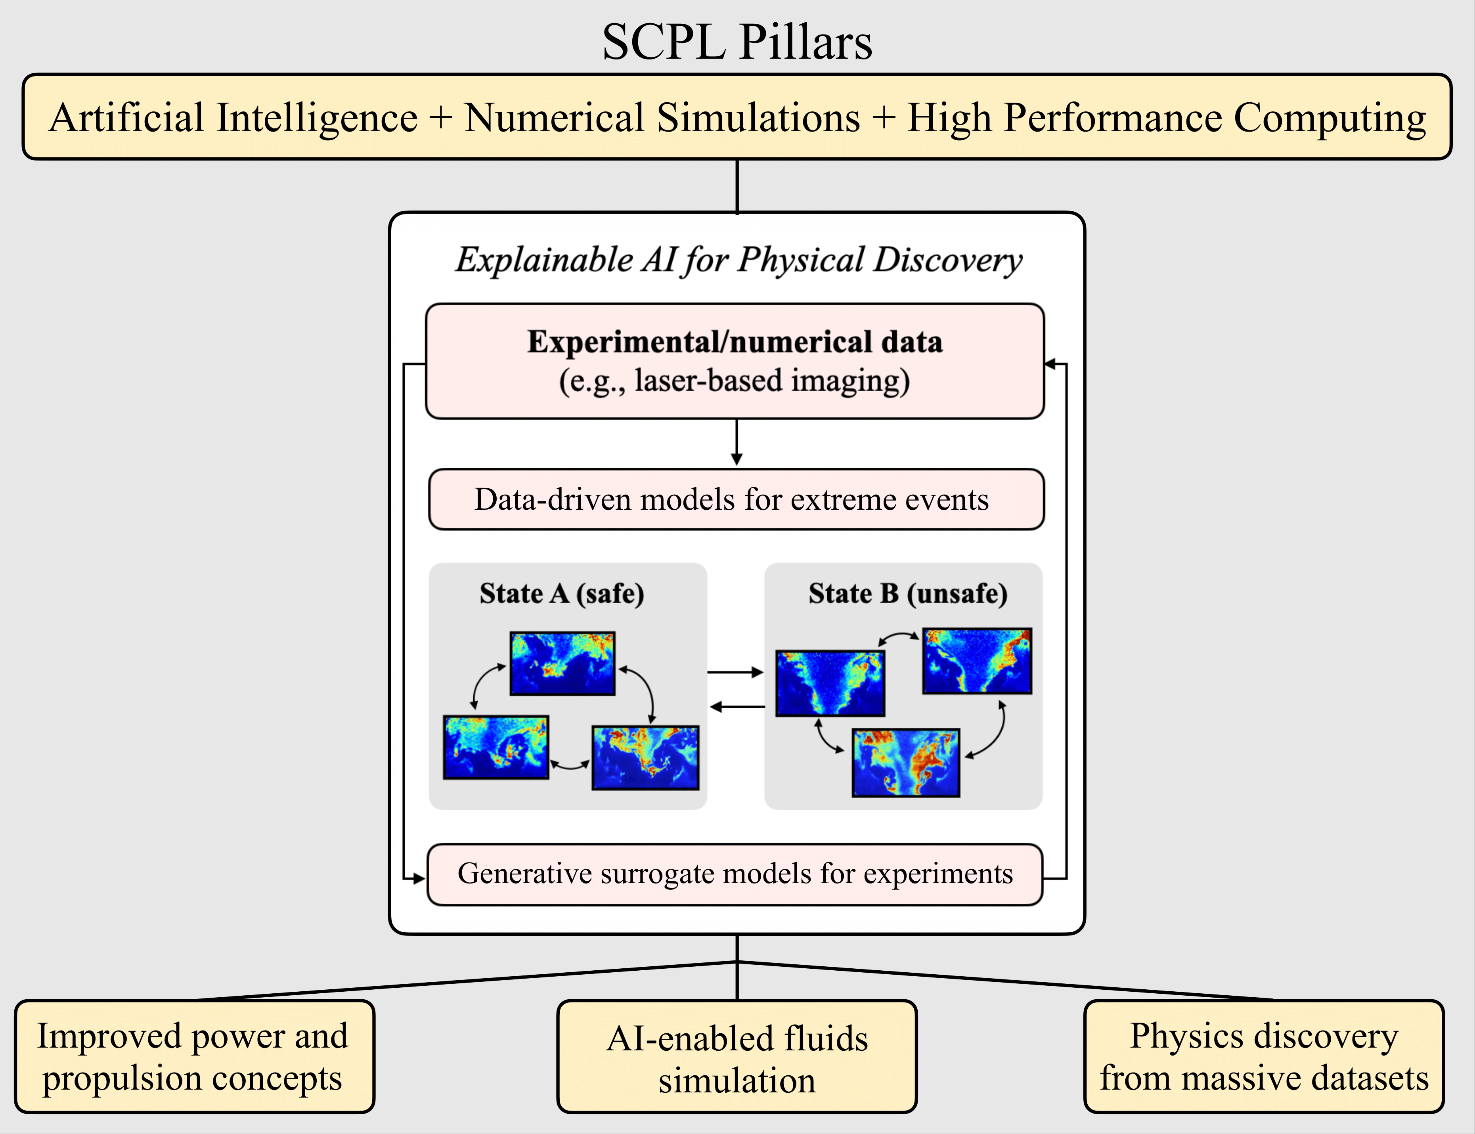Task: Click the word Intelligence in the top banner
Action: click(317, 118)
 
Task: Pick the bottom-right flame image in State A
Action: click(645, 757)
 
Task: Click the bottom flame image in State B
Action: click(905, 763)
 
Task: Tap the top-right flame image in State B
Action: click(977, 661)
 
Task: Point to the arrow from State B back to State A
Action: click(737, 707)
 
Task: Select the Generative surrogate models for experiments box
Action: click(735, 874)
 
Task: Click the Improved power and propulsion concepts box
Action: click(194, 1056)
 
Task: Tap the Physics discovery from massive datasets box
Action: click(1264, 1056)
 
